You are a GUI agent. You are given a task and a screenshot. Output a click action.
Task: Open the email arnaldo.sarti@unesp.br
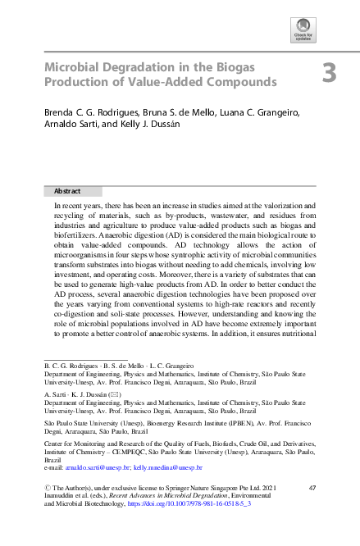[x=98, y=466]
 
